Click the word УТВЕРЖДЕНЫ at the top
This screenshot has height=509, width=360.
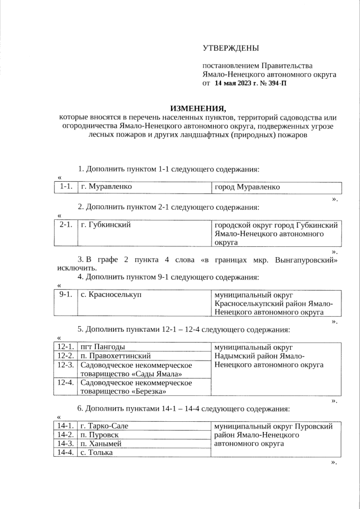point(231,50)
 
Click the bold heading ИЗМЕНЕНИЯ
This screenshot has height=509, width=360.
point(198,108)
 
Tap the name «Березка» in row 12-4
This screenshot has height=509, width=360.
point(146,391)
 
